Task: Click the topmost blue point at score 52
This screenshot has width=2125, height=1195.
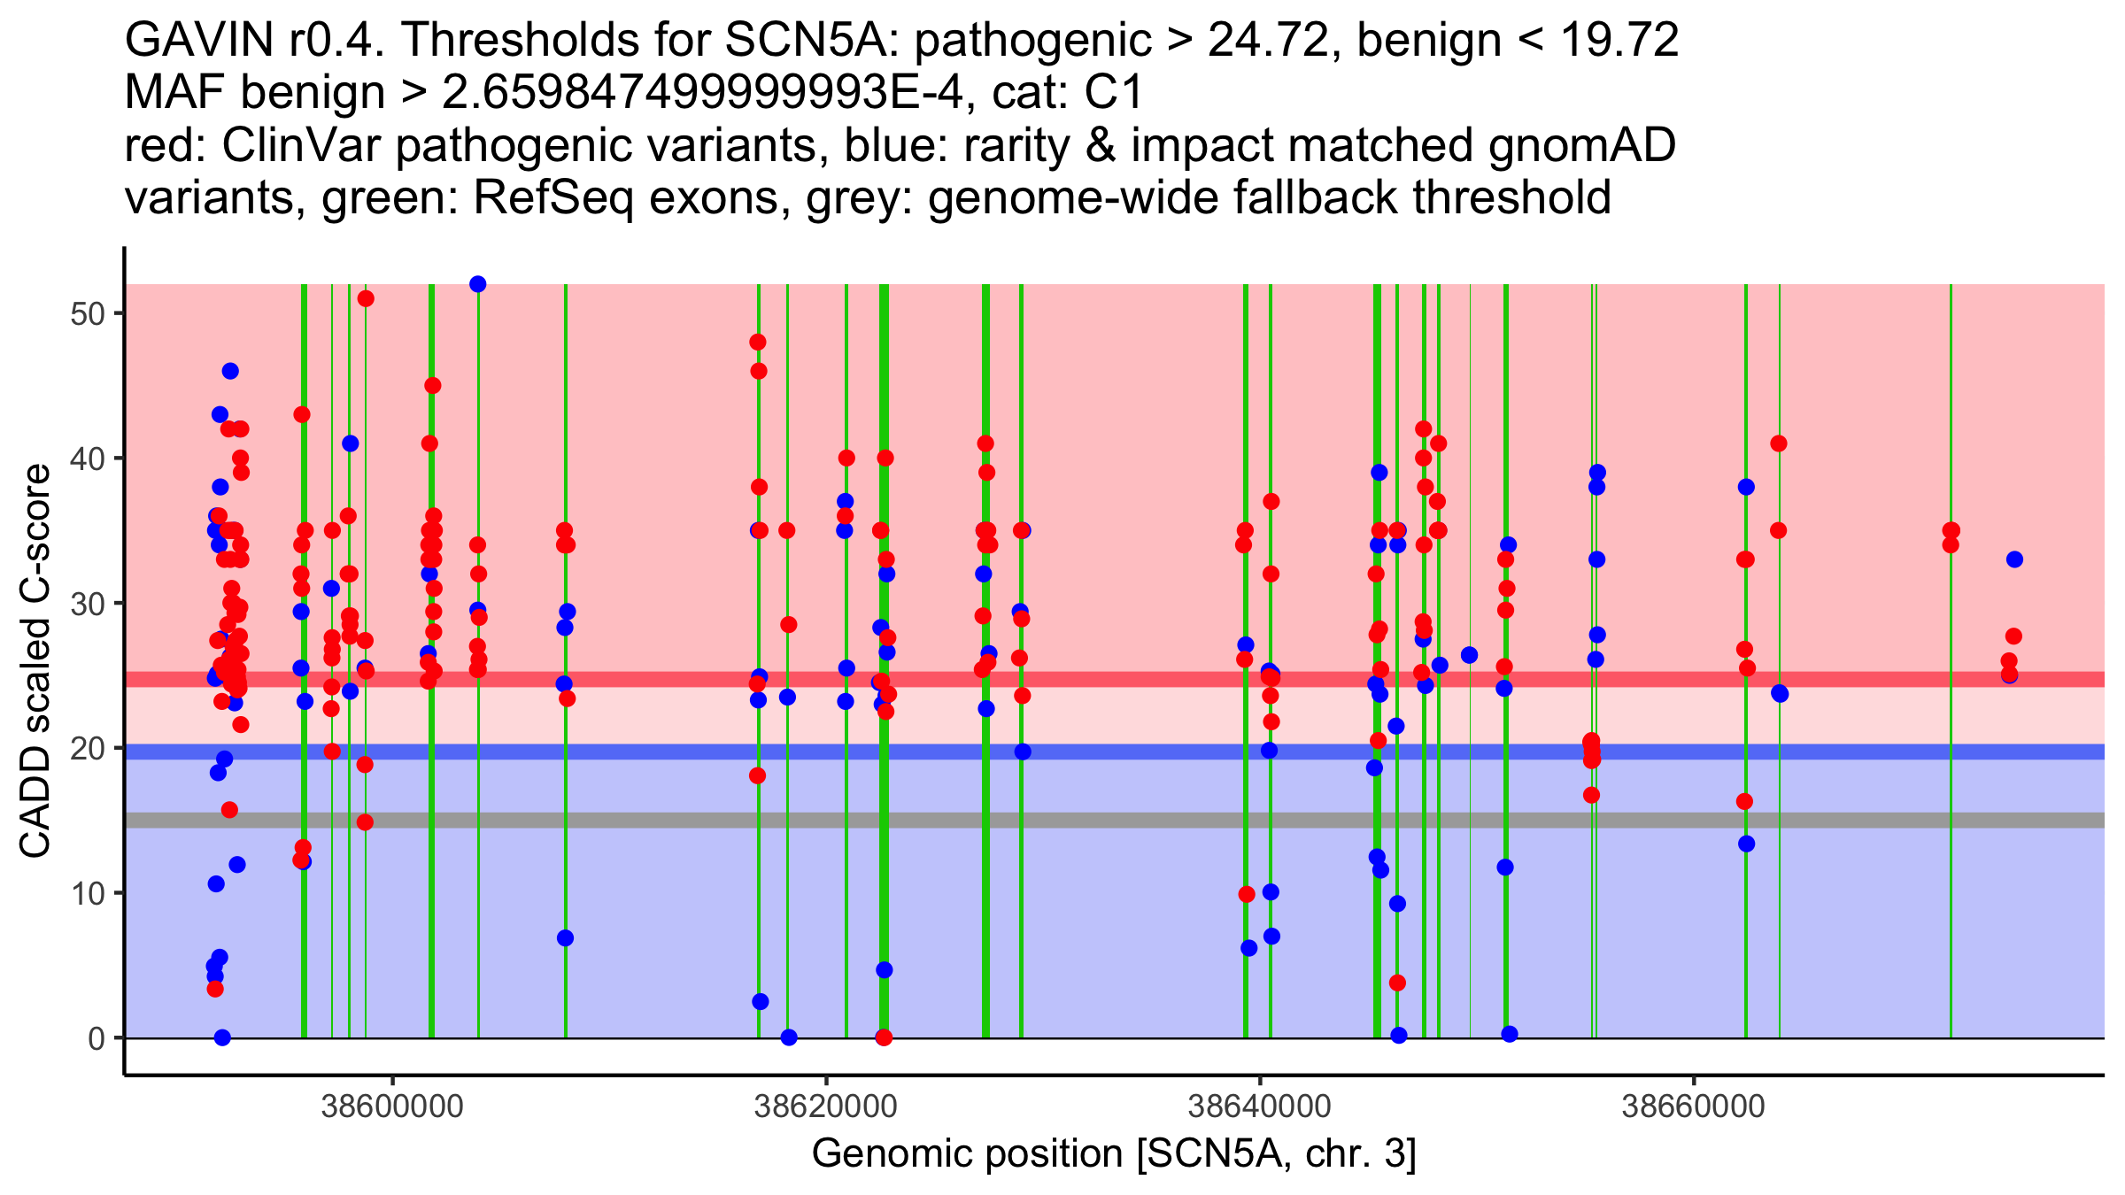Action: tap(478, 284)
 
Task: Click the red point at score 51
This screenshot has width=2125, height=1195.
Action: tap(366, 298)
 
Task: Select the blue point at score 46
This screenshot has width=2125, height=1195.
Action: tap(230, 371)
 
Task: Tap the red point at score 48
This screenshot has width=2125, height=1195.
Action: tap(758, 342)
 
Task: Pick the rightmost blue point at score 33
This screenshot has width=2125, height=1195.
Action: tap(2014, 559)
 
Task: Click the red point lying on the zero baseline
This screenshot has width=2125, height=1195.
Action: tap(884, 1037)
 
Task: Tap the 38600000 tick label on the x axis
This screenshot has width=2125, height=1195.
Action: tap(392, 1106)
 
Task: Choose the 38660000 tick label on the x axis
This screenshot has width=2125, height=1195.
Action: tap(1693, 1106)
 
